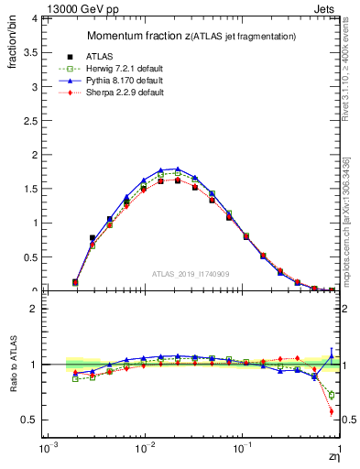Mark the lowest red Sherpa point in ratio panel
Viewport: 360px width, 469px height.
(331, 411)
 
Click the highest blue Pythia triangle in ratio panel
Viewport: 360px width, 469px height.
(331, 349)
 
